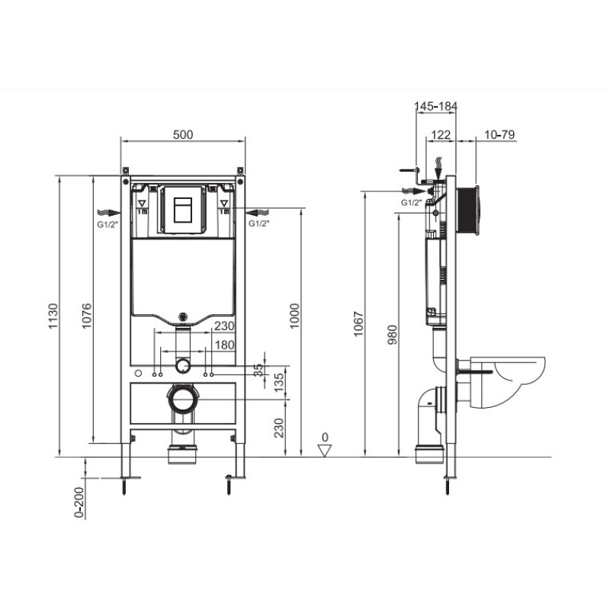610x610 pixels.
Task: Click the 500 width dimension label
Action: coord(183,135)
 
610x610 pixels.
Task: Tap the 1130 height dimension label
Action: coord(53,316)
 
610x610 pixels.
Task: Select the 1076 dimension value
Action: coord(87,316)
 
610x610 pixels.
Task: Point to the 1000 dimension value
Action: coord(295,316)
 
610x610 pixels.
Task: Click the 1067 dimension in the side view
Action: coord(358,323)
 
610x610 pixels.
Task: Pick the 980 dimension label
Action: coord(392,335)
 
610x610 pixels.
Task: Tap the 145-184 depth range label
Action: coord(435,106)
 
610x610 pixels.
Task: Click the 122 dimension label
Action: coord(441,135)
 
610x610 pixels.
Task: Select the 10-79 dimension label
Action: coord(499,135)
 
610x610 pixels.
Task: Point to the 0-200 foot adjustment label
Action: coord(79,502)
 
